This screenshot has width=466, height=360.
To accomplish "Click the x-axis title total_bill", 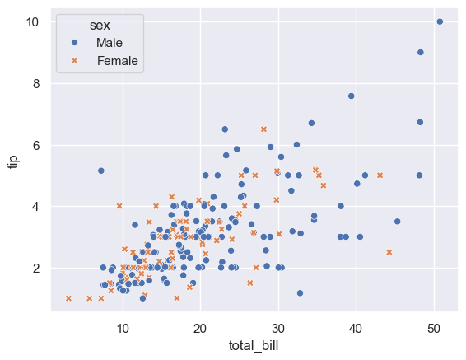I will pyautogui.click(x=254, y=345).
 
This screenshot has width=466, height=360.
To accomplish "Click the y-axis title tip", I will pyautogui.click(x=13, y=160).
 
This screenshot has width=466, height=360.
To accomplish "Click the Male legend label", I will pyautogui.click(x=110, y=42).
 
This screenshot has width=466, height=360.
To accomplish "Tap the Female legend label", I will pyautogui.click(x=117, y=60).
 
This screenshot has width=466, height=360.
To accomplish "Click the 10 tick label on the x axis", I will pyautogui.click(x=123, y=327).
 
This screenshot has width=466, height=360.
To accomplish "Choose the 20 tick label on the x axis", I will pyautogui.click(x=200, y=327).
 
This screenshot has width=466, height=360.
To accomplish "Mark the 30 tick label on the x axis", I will pyautogui.click(x=278, y=327).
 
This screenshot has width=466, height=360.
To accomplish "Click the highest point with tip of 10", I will pyautogui.click(x=440, y=21).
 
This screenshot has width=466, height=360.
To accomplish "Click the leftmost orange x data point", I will pyautogui.click(x=68, y=298).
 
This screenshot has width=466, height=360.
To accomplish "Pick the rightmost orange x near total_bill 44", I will pyautogui.click(x=389, y=252).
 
